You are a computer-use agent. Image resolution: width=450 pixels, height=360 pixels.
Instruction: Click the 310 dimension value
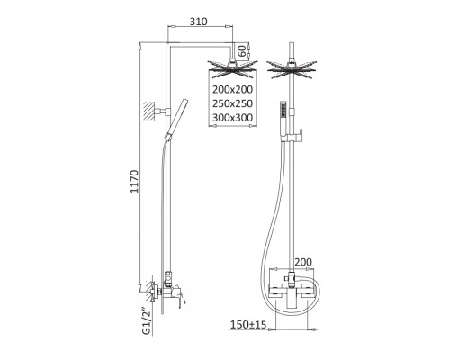pyautogui.click(x=198, y=22)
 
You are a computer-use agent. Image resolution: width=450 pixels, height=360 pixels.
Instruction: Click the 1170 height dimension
pyautogui.click(x=135, y=182)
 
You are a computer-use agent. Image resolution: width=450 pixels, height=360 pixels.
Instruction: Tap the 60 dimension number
pyautogui.click(x=243, y=50)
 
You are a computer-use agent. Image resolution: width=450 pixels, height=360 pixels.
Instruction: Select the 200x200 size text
pyautogui.click(x=233, y=89)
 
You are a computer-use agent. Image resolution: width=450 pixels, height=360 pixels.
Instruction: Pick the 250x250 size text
pyautogui.click(x=233, y=103)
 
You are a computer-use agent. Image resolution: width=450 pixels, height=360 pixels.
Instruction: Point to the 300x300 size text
pyautogui.click(x=233, y=118)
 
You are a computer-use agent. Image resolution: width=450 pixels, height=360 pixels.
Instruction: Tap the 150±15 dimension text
pyautogui.click(x=248, y=324)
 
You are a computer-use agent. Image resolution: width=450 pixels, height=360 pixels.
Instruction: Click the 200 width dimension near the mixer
pyautogui.click(x=303, y=262)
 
